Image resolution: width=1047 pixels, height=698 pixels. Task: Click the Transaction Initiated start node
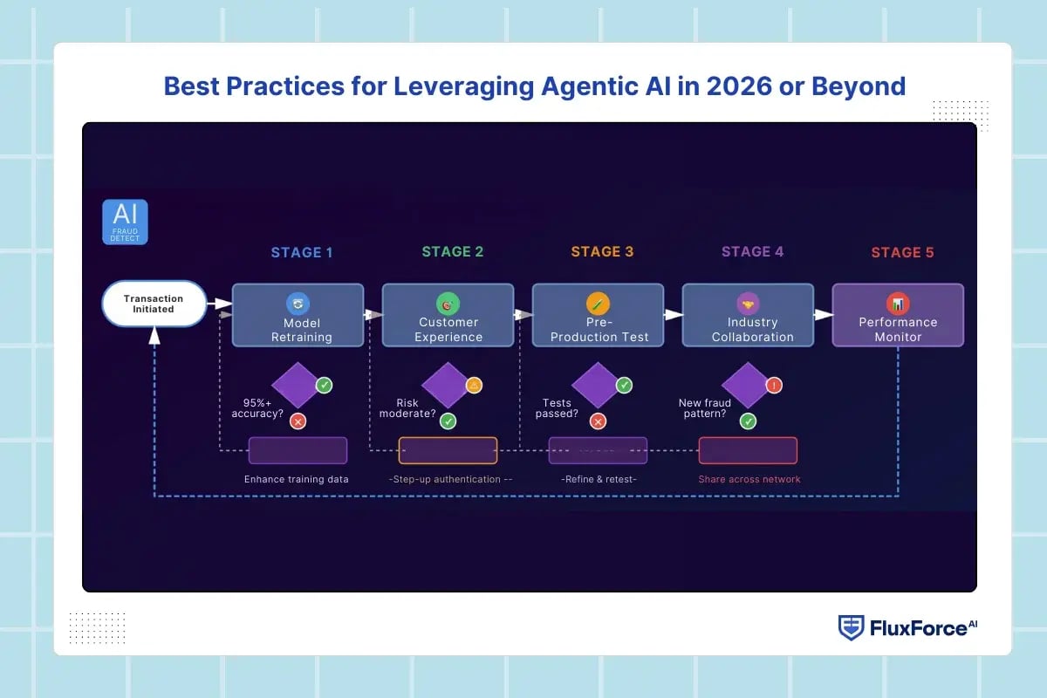tap(154, 304)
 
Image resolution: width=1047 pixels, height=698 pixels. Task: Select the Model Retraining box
tap(298, 316)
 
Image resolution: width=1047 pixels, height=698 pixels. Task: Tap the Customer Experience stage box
tap(448, 316)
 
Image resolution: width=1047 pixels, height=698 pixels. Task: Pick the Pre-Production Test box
tap(598, 316)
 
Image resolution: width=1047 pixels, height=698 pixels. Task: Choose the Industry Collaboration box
tap(748, 316)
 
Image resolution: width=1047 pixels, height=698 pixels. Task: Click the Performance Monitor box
tap(898, 316)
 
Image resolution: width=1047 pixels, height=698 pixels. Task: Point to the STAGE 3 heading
tap(602, 251)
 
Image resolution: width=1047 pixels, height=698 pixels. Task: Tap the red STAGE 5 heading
tap(902, 252)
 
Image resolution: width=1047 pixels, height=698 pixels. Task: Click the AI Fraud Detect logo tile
tap(125, 222)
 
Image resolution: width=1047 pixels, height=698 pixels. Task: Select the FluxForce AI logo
tap(908, 627)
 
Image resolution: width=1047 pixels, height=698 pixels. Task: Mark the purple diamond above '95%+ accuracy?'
tap(297, 385)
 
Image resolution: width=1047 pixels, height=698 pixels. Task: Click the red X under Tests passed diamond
tap(598, 421)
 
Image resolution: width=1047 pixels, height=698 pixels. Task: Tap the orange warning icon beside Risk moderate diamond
tap(474, 385)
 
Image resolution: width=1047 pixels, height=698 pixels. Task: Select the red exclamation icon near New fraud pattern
tap(774, 385)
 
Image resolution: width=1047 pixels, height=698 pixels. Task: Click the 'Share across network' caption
tap(749, 479)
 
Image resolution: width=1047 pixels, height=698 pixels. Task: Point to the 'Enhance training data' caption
tap(297, 479)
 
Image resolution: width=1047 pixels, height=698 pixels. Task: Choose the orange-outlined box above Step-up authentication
tap(448, 450)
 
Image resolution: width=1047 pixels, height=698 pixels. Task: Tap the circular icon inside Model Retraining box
tap(298, 304)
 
